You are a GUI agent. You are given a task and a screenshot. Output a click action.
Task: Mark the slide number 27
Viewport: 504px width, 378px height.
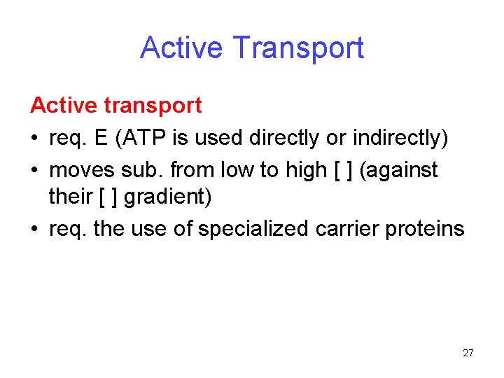click(468, 353)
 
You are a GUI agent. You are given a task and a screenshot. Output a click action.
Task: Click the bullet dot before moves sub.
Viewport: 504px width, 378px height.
click(34, 170)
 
